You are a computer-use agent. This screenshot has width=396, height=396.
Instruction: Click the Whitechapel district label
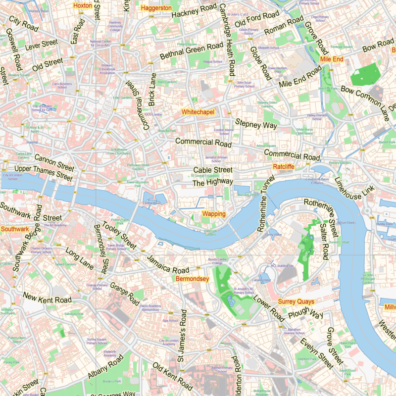[198, 112]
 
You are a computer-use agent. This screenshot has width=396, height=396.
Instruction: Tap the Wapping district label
[214, 214]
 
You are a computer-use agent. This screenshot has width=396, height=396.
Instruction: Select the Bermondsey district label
[193, 279]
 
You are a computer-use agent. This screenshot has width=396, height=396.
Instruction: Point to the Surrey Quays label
[297, 301]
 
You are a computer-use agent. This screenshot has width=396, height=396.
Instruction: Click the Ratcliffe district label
[284, 167]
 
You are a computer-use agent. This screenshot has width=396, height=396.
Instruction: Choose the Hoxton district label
[82, 5]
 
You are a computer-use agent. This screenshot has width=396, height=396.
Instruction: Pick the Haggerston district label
[156, 8]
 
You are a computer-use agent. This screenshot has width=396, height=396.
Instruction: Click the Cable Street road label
[212, 171]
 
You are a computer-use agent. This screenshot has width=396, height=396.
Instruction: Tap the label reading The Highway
[212, 182]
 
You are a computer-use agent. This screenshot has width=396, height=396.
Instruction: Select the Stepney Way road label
[256, 124]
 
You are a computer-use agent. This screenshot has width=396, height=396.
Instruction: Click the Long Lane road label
[79, 258]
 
